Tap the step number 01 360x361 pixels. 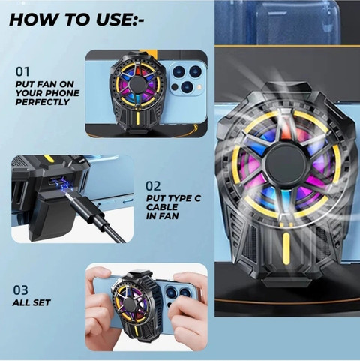pyautogui.click(x=22, y=71)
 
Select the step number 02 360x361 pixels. pyautogui.click(x=153, y=186)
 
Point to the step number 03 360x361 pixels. pyautogui.click(x=20, y=290)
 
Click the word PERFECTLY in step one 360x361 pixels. pyautogui.click(x=43, y=102)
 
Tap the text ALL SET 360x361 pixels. pyautogui.click(x=31, y=302)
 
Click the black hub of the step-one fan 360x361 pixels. pyautogui.click(x=137, y=84)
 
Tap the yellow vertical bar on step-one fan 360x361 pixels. pyautogui.click(x=137, y=119)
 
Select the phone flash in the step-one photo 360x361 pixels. pyautogui.click(x=199, y=87)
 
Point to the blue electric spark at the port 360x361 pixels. pyautogui.click(x=61, y=185)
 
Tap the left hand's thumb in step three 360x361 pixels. pyautogui.click(x=100, y=275)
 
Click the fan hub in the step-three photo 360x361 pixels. pyautogui.click(x=129, y=303)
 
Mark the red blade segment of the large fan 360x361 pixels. pyautogui.click(x=285, y=133)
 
